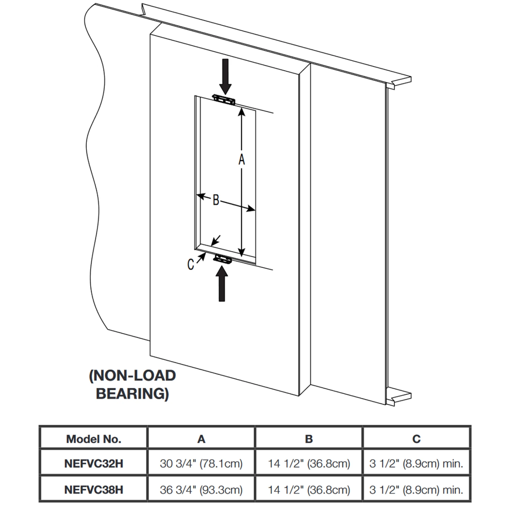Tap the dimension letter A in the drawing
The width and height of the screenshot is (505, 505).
pos(241,160)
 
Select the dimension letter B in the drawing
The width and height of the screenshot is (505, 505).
pos(216,200)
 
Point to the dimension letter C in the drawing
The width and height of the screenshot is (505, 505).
pos(191,265)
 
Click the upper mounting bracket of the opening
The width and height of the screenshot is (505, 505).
pos(224,100)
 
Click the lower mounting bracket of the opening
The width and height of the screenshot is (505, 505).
pos(223,259)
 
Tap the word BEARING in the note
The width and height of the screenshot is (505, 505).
pos(132,393)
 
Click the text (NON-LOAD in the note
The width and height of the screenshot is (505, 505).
pos(132,375)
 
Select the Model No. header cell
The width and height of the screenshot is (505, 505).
pos(94,439)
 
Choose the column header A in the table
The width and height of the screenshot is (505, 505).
pos(201,439)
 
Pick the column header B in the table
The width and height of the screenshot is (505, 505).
pos(309,439)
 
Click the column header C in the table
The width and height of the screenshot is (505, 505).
pos(416,439)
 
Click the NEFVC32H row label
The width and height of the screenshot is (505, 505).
pos(94,464)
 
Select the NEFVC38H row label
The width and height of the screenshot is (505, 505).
pos(94,490)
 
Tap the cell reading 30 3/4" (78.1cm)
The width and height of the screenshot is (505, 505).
pos(201,464)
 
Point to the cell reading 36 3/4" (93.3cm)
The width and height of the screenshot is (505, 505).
pos(201,490)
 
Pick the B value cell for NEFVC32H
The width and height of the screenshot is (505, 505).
pos(309,464)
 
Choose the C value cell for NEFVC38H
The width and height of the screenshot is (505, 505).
pos(416,490)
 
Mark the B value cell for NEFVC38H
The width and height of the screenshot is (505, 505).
pos(309,490)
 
